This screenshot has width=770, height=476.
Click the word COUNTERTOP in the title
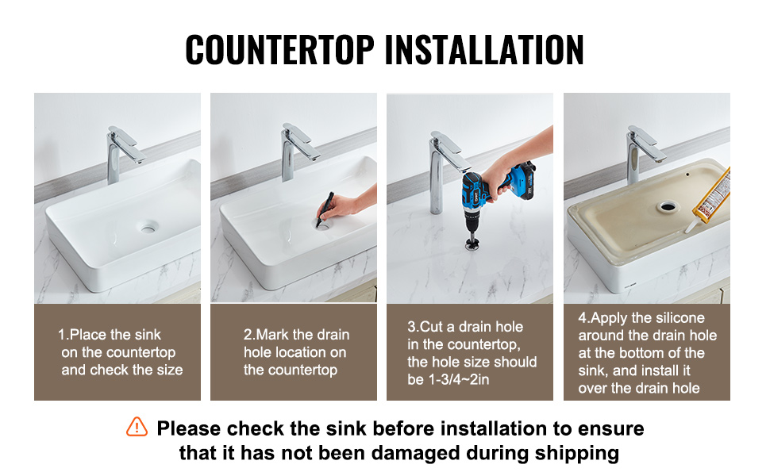[x=280, y=49]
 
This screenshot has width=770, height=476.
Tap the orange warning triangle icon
[x=137, y=427]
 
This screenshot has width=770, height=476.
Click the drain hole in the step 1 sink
[x=148, y=227]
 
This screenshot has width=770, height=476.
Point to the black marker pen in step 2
[x=325, y=209]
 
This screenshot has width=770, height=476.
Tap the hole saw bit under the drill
[x=472, y=243]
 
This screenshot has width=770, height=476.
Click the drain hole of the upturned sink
[x=668, y=206]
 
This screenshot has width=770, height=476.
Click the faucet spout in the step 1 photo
[x=128, y=144]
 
